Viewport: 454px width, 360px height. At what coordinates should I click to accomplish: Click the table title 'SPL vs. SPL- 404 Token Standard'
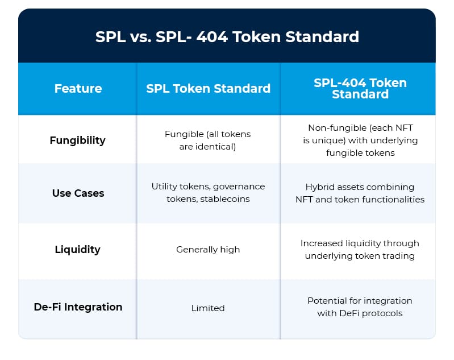tap(227, 37)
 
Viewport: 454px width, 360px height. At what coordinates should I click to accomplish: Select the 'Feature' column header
tap(78, 88)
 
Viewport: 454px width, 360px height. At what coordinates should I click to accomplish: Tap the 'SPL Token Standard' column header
tap(208, 88)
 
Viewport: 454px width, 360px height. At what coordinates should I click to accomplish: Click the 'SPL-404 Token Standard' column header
tap(360, 88)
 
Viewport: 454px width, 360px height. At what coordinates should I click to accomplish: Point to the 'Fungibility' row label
tap(78, 140)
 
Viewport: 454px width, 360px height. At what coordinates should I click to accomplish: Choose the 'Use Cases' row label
tap(78, 193)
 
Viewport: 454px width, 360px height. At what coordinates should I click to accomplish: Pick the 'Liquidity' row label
tap(78, 250)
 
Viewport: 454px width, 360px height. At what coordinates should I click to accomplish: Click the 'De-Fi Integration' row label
tap(78, 307)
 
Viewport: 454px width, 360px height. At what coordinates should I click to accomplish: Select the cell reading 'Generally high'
tap(208, 250)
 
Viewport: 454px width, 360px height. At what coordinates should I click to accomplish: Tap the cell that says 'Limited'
tap(208, 308)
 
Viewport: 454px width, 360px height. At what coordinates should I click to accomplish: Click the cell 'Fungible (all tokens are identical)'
tap(207, 140)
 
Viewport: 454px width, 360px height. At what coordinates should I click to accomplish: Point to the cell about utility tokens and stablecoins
tap(208, 193)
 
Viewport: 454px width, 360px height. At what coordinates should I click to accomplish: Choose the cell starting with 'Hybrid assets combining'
tap(360, 193)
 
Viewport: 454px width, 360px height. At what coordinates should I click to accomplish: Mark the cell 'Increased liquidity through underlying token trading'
tap(360, 250)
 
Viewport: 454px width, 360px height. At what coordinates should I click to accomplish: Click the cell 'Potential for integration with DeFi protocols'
tap(360, 307)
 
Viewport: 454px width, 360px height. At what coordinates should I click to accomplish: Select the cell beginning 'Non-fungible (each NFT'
tap(360, 140)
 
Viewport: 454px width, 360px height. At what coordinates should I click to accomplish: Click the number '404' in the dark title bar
tap(212, 37)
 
